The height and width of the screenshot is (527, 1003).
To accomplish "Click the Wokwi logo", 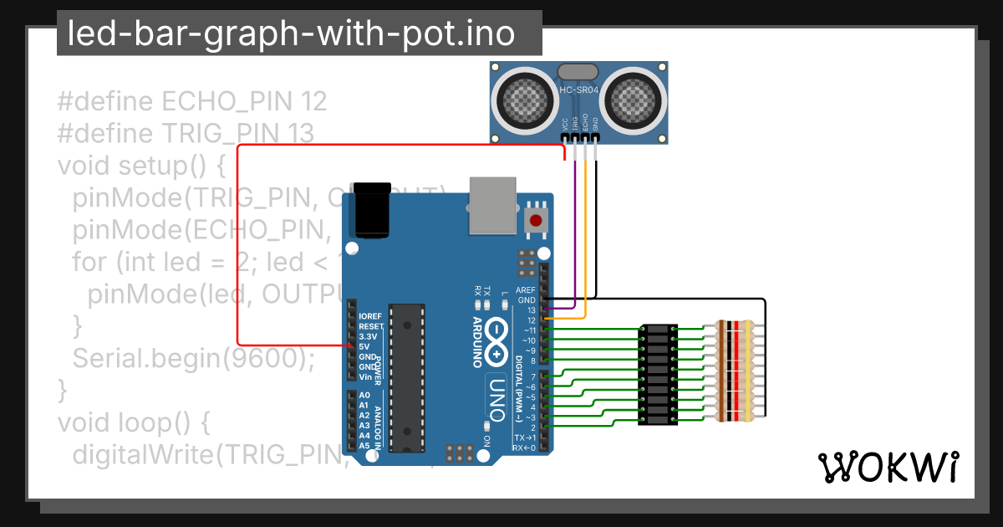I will (888, 467).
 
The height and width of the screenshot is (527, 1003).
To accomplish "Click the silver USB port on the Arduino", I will (492, 204).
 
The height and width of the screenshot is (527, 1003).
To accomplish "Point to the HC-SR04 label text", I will (578, 90).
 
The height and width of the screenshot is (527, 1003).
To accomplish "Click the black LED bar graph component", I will (658, 375).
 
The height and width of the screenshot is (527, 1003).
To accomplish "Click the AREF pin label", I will (526, 290).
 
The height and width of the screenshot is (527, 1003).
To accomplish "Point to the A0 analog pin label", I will (364, 395).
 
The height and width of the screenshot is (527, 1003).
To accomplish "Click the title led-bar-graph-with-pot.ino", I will (290, 34).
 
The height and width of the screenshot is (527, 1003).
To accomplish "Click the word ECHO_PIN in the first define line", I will (224, 102).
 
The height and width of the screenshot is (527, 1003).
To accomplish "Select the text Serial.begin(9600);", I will (193, 358).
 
